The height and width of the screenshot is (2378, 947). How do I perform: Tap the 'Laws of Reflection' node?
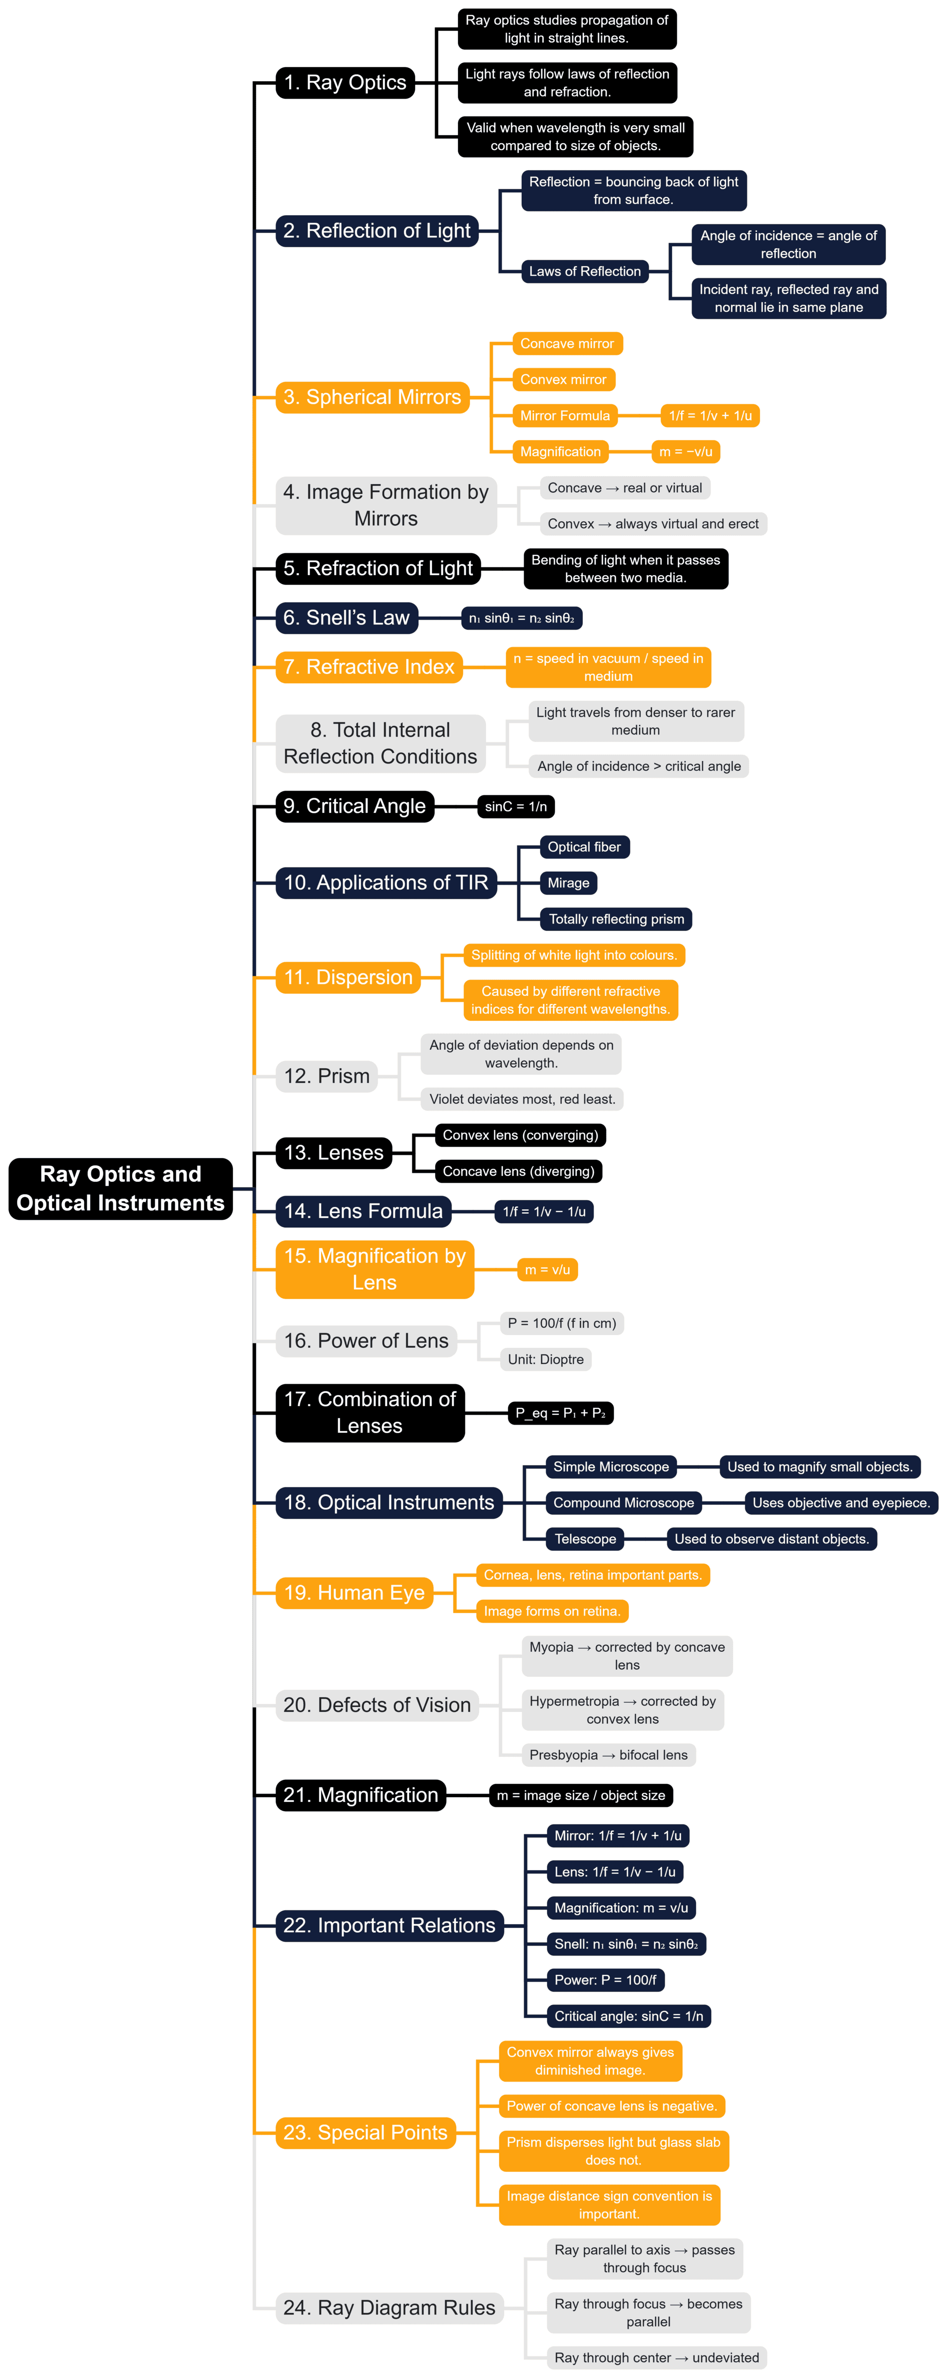(584, 272)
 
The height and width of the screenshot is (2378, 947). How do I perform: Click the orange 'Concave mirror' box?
(567, 344)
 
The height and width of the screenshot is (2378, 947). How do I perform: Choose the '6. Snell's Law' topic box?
(346, 618)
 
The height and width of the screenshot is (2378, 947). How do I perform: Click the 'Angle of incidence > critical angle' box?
(639, 766)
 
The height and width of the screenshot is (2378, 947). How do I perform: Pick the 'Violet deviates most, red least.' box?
(522, 1099)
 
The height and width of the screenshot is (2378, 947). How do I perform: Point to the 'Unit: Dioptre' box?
(546, 1359)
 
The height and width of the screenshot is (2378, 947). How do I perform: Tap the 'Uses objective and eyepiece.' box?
(841, 1503)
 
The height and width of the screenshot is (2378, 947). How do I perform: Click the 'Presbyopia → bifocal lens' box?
(608, 1755)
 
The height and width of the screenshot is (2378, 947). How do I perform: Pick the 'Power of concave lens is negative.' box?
(612, 2106)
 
